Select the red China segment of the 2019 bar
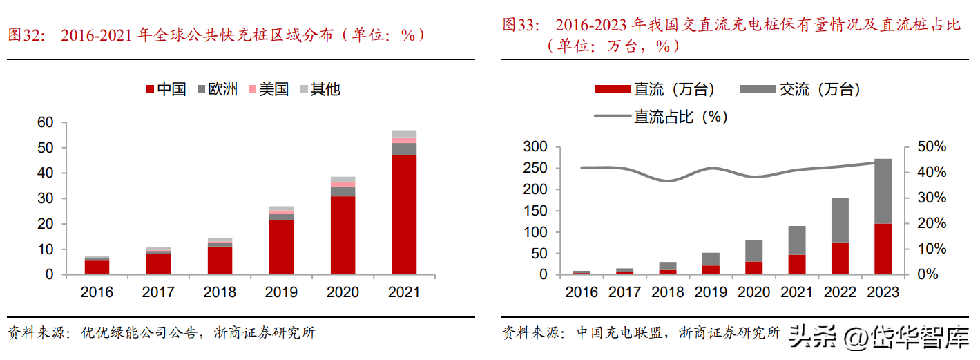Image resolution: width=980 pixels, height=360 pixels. (x=282, y=247)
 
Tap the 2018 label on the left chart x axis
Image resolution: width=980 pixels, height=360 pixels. (x=220, y=292)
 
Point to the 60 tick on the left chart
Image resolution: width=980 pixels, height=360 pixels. (x=45, y=123)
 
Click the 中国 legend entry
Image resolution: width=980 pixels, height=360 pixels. (x=166, y=89)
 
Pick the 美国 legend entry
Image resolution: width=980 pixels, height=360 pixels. (x=268, y=89)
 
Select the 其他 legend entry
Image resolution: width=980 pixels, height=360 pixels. (x=319, y=89)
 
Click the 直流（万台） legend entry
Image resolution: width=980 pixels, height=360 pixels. (x=656, y=89)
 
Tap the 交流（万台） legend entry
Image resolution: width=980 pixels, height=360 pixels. (x=801, y=89)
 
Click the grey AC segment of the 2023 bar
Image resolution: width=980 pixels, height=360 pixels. (x=883, y=191)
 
